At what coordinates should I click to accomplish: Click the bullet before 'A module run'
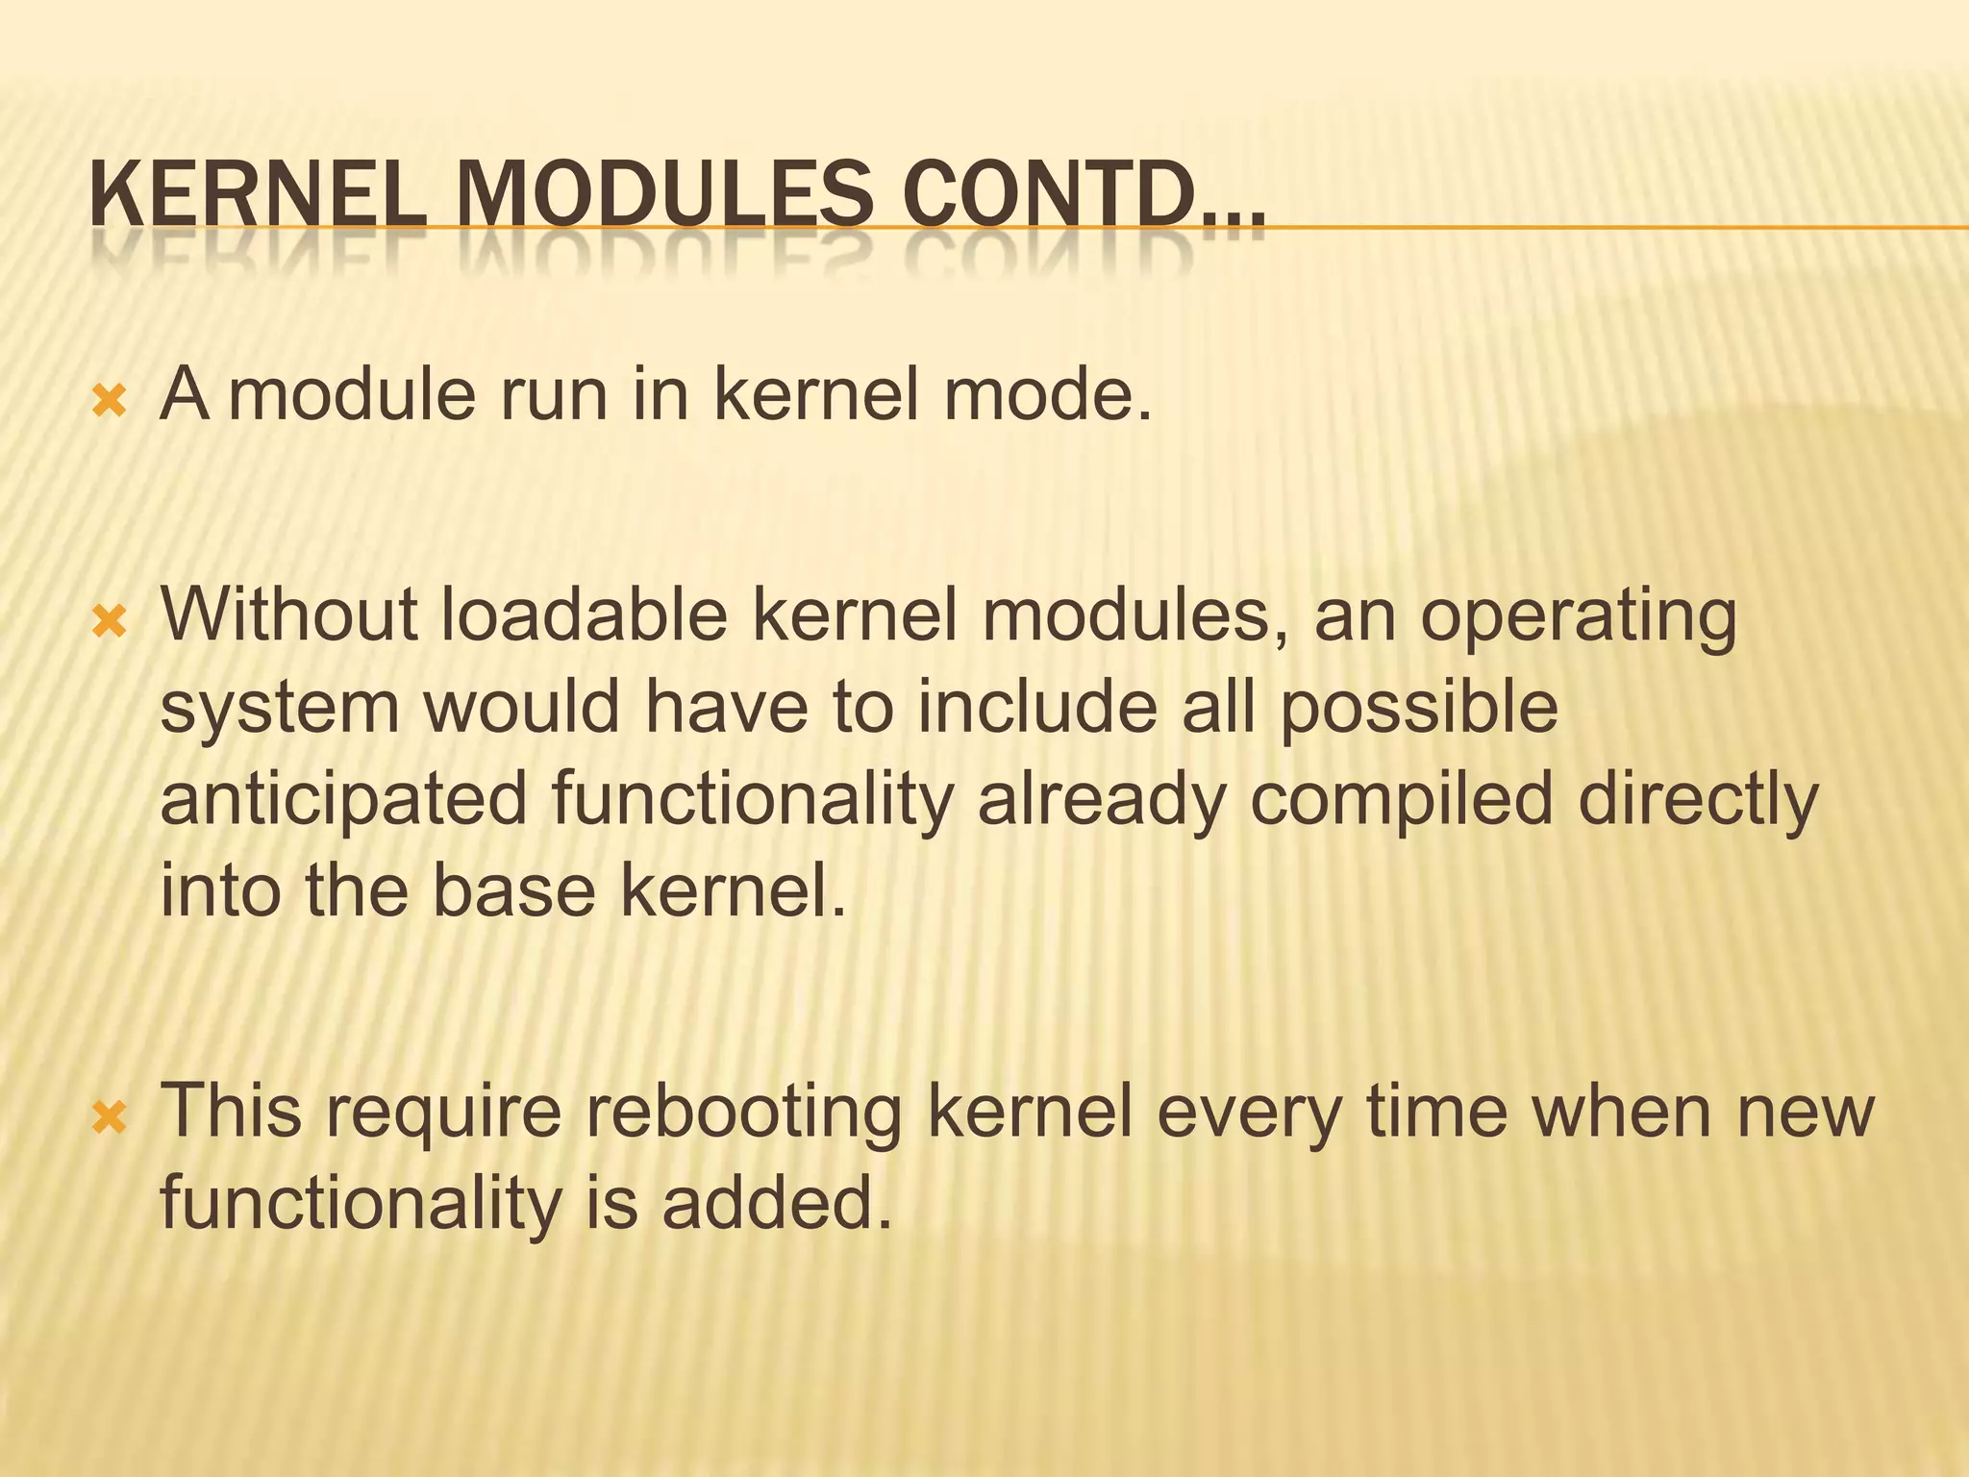click(109, 401)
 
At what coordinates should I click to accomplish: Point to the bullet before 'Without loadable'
click(109, 624)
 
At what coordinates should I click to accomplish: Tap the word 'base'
click(513, 891)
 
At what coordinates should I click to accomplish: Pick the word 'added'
click(776, 1204)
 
